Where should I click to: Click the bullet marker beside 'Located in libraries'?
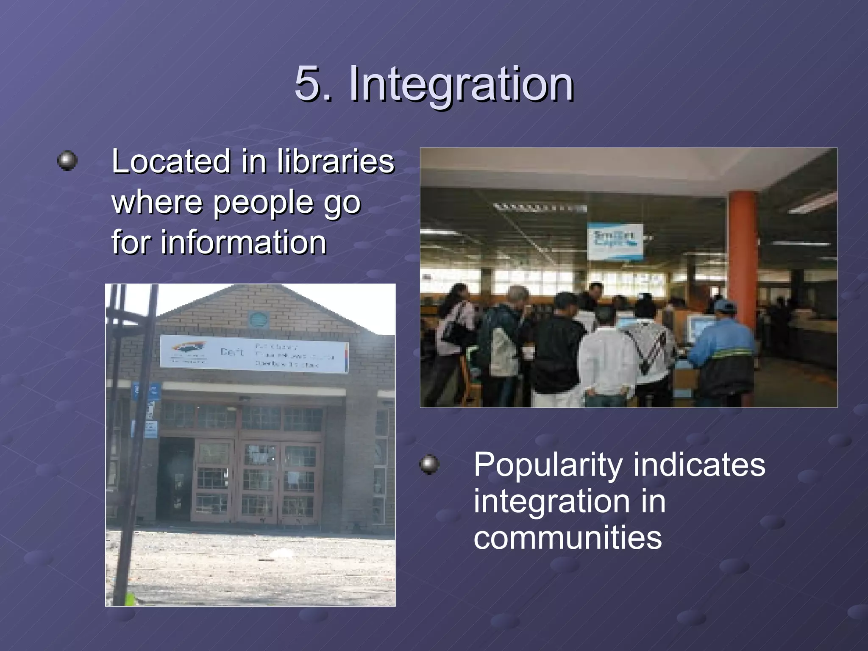(x=67, y=161)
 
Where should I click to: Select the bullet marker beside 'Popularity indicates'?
(x=429, y=465)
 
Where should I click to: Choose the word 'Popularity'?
(x=547, y=465)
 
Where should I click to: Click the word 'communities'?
(x=568, y=537)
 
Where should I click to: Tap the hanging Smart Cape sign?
(x=615, y=241)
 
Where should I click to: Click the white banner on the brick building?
(x=254, y=354)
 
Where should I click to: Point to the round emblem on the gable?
(x=256, y=319)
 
